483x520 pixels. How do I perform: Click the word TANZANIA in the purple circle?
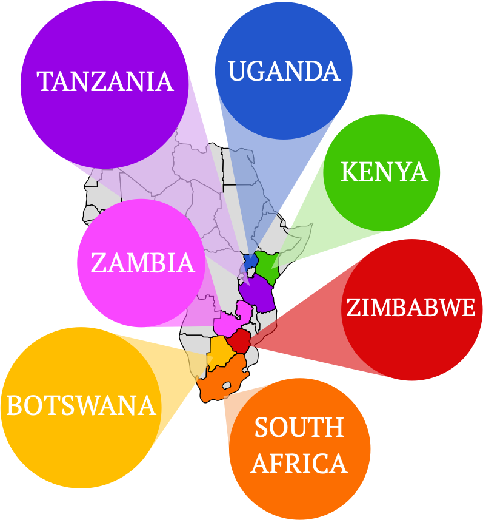click(105, 81)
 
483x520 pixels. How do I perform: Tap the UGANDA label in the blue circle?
click(284, 72)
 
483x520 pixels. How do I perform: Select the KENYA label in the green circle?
click(384, 172)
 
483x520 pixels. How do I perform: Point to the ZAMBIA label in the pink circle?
click(143, 263)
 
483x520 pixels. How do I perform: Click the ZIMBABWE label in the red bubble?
click(410, 308)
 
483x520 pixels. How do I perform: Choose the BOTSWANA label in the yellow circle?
click(81, 406)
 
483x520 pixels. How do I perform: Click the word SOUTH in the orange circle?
click(299, 428)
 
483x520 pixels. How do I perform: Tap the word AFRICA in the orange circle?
click(299, 464)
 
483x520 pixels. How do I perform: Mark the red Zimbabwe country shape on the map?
click(239, 341)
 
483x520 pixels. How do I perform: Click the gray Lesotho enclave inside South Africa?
click(228, 385)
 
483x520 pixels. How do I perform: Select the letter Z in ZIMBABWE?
click(353, 308)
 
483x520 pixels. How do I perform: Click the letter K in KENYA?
click(348, 172)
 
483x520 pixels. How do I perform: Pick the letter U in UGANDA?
click(237, 72)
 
